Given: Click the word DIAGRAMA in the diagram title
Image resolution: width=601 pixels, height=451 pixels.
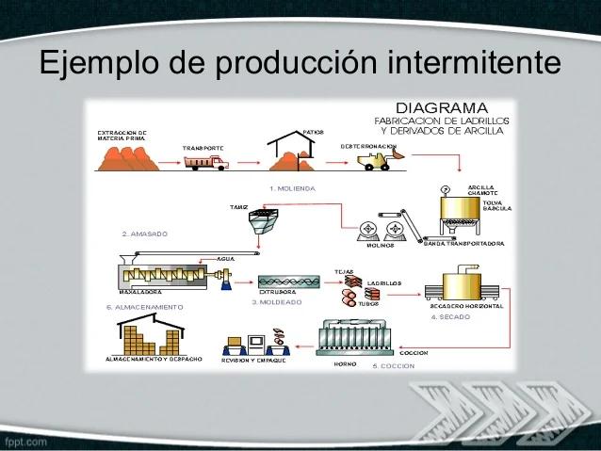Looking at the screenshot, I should [x=441, y=107].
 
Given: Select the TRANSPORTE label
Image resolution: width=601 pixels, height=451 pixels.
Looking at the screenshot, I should [x=203, y=148].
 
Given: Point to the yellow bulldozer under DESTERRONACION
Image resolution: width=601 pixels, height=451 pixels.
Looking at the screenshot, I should [x=376, y=163].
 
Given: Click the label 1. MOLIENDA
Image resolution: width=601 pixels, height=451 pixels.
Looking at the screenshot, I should [x=292, y=189].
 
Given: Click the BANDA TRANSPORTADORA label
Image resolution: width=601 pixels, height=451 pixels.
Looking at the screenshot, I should [x=464, y=244].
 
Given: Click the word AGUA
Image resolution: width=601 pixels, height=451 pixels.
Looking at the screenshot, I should [x=225, y=258].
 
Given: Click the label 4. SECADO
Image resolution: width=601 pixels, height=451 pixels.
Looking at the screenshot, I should [x=449, y=317].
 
